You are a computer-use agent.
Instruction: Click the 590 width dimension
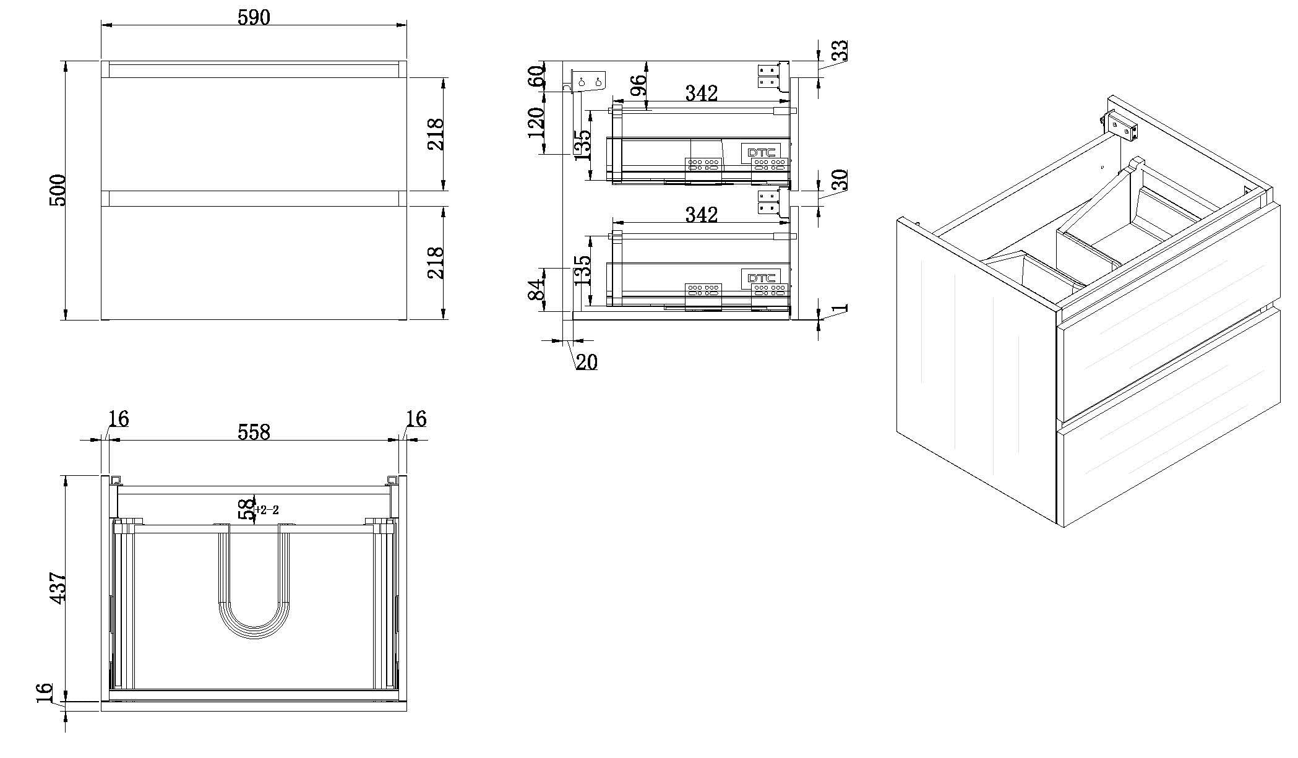pos(254,17)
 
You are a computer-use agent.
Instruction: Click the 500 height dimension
pos(57,190)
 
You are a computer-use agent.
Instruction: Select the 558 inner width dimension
pos(254,431)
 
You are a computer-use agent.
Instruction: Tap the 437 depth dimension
pos(57,588)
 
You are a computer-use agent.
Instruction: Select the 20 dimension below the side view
pos(586,362)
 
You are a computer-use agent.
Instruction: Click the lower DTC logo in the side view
pos(760,278)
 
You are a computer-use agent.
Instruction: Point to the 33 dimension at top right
pos(839,51)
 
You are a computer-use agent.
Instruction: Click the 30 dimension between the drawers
pos(839,180)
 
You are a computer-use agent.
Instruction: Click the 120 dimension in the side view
pos(536,122)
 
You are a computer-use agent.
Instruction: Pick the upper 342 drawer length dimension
pos(701,93)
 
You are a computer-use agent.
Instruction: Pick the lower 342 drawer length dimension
pos(701,215)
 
